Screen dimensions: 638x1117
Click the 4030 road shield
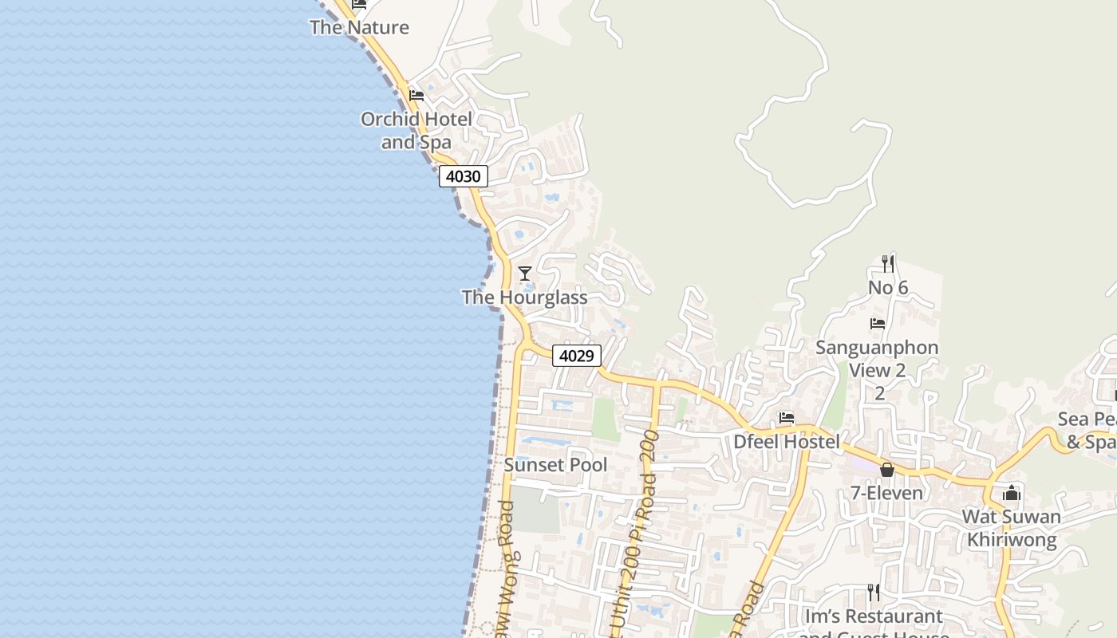[x=463, y=176]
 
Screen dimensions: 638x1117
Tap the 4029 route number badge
[x=576, y=356]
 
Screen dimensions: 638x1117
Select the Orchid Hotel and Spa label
[x=416, y=131]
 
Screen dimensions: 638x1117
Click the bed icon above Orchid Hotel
[x=416, y=96]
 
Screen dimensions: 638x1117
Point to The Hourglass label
[x=525, y=297]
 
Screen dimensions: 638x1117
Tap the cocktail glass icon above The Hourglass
[x=525, y=274]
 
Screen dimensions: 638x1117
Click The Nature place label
[x=359, y=27]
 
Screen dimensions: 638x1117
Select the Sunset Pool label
[x=556, y=465]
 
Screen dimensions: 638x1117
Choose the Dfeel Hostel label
[x=787, y=442]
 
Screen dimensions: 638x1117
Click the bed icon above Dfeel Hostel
[x=787, y=418]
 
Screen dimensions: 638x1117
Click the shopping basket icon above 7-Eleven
[x=886, y=470]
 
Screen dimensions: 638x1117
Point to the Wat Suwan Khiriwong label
[x=1012, y=528]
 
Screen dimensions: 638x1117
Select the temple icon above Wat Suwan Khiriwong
[x=1012, y=493]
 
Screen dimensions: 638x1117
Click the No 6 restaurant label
[x=888, y=287]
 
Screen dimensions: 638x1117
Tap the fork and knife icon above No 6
[x=888, y=263]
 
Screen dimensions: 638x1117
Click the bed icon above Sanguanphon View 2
[x=878, y=324]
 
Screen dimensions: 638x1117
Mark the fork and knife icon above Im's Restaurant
[x=874, y=593]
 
